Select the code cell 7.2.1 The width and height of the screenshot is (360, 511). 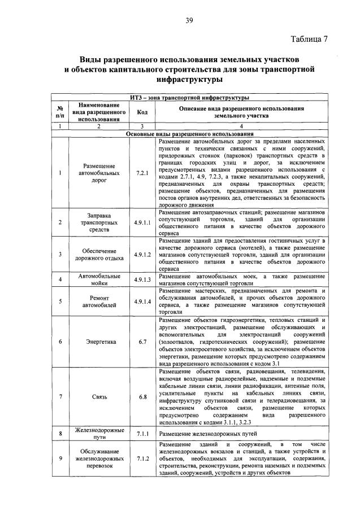coord(142,173)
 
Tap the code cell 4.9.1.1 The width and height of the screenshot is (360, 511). coord(142,222)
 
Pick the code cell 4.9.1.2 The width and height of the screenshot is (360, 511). coord(142,254)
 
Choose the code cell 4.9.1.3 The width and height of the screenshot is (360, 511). coord(142,279)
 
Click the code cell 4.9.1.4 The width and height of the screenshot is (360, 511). coord(142,302)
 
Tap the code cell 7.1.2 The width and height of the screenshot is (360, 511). coord(142,458)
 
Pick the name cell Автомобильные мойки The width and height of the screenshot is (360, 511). coord(100,279)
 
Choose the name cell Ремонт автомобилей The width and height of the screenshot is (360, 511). coord(100,302)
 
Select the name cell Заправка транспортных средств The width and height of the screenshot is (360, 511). coord(100,222)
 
